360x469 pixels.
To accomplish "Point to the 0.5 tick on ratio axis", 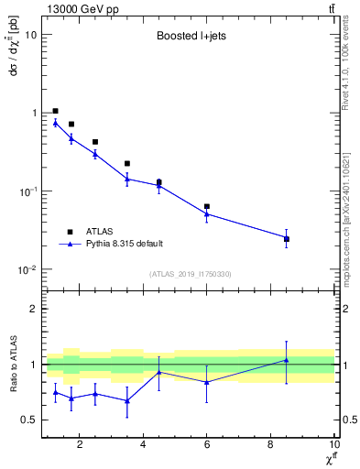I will click(28, 420).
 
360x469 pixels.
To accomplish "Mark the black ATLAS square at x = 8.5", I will click(287, 239).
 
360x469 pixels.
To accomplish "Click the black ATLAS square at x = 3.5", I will click(127, 163).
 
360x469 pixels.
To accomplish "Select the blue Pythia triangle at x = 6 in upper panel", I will click(207, 214).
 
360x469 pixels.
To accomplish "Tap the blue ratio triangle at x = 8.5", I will click(287, 360).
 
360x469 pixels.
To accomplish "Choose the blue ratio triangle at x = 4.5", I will click(159, 372).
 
